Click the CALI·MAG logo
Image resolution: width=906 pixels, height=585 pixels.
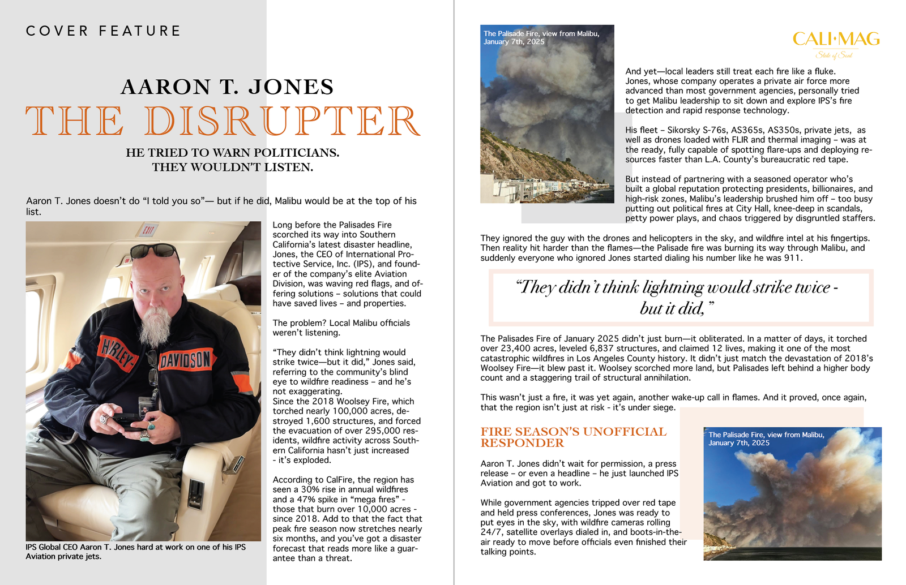pyautogui.click(x=836, y=40)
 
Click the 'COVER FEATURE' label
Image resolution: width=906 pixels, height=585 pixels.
pyautogui.click(x=103, y=31)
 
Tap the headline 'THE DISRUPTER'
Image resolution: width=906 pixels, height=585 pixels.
pyautogui.click(x=223, y=121)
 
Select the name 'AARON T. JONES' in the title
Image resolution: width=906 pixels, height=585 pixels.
pyautogui.click(x=227, y=87)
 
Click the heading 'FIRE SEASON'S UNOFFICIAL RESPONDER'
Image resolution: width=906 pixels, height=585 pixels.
pyautogui.click(x=573, y=437)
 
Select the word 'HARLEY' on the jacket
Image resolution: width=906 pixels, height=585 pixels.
pyautogui.click(x=118, y=352)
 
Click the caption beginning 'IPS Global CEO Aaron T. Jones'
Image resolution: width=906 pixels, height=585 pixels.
pyautogui.click(x=135, y=552)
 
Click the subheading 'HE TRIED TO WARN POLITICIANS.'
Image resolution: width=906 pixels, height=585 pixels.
pyautogui.click(x=232, y=153)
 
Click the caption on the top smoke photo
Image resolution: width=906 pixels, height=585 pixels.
pyautogui.click(x=541, y=38)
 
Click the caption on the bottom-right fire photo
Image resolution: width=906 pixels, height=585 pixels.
pyautogui.click(x=766, y=438)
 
